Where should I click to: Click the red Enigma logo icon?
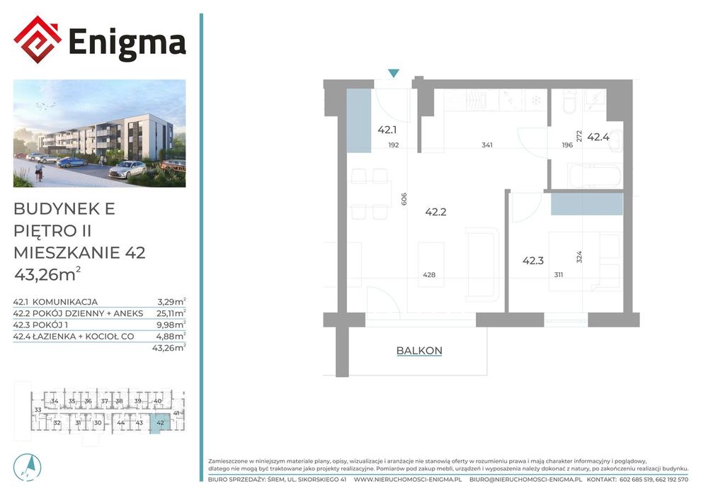38,40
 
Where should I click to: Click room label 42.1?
387,130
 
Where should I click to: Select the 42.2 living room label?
436,212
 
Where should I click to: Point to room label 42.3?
533,260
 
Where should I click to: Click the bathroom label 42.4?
598,137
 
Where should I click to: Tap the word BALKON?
419,351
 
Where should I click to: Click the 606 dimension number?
404,198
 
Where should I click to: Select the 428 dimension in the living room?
429,275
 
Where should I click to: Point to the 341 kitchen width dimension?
487,145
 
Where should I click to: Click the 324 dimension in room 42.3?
579,257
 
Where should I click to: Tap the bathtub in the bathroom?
594,176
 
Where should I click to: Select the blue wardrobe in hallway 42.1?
359,120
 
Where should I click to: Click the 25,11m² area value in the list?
171,312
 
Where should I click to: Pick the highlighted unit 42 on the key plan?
160,422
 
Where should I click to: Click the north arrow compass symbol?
28,467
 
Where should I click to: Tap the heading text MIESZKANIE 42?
79,253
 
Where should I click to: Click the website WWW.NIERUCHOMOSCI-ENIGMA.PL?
408,480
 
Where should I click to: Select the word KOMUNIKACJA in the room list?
65,302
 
